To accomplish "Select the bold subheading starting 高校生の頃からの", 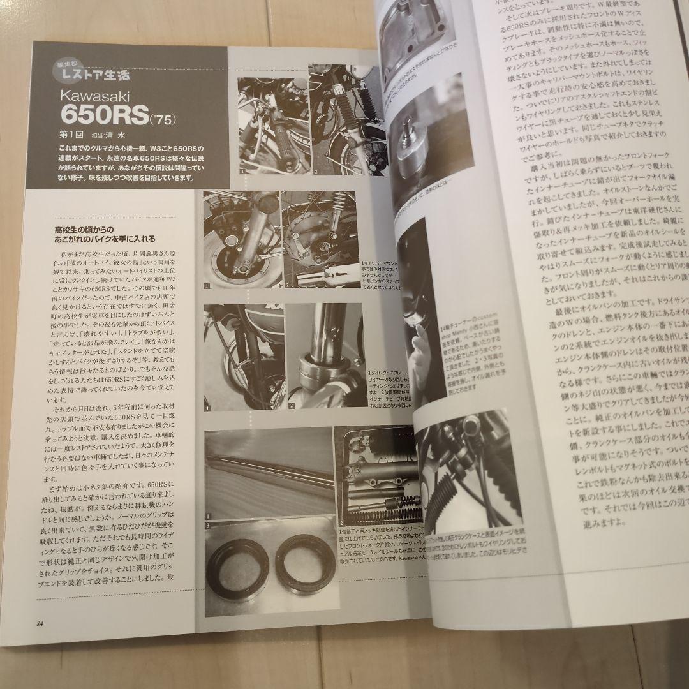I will coord(103,233).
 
